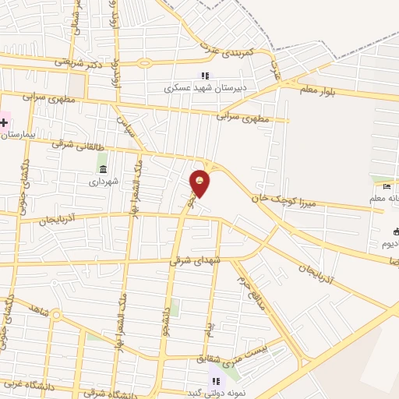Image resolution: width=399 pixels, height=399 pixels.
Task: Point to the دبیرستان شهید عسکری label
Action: coord(203,88)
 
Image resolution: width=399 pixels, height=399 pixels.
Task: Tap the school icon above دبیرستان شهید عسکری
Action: coord(205,76)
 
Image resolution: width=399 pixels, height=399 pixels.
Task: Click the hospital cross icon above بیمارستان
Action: coord(4,122)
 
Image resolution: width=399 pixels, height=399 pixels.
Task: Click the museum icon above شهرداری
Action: coord(102,169)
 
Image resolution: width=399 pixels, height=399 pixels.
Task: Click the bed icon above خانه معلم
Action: coord(387,184)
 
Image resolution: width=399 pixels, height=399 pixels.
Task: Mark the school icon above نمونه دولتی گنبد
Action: coord(217,380)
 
